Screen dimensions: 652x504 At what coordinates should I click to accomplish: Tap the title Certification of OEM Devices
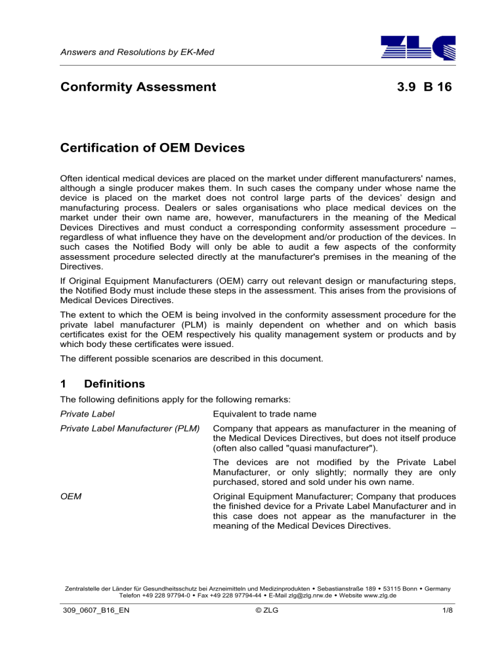(152, 148)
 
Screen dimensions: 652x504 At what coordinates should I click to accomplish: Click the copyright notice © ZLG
(252, 632)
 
